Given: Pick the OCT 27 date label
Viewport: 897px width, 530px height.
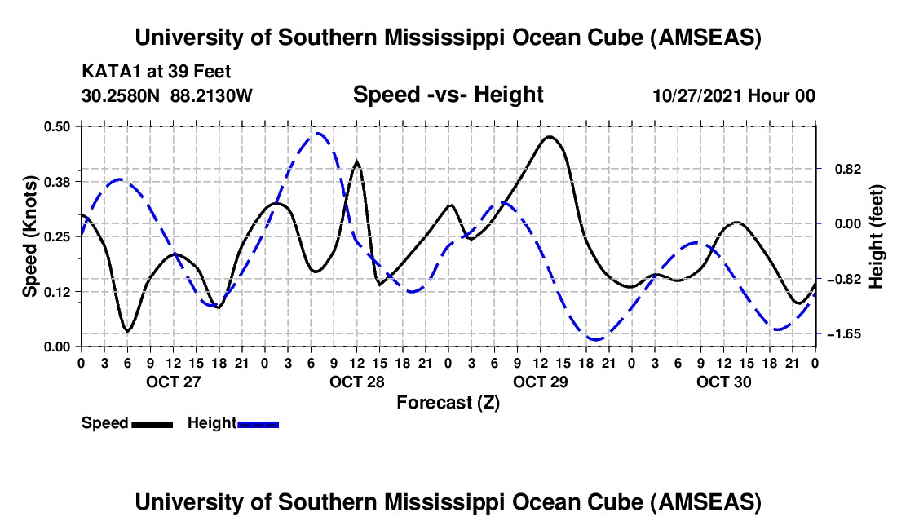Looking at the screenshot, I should [171, 382].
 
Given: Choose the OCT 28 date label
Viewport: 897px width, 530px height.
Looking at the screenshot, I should [356, 382].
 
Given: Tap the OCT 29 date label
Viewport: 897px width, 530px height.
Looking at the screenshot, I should [539, 382].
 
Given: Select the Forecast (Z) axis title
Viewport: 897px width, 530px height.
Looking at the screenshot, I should [448, 402].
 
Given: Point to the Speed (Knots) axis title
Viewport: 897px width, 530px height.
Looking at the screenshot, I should [29, 236].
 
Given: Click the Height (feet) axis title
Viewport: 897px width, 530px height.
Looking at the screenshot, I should [877, 236].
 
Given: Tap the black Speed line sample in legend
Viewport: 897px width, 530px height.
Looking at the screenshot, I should [151, 423].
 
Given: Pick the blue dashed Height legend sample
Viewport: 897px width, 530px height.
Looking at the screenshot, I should [258, 423].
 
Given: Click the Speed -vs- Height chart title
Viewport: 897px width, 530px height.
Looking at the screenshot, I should [448, 95].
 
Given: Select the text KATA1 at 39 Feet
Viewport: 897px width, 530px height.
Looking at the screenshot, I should [145, 71].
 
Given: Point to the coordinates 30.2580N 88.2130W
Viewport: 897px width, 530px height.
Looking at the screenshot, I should [167, 95].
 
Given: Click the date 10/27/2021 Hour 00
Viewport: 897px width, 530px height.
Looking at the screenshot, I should [734, 95].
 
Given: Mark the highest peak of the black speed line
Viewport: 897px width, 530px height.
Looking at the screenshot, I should [550, 136].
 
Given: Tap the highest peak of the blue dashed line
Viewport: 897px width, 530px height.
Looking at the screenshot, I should [318, 133].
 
